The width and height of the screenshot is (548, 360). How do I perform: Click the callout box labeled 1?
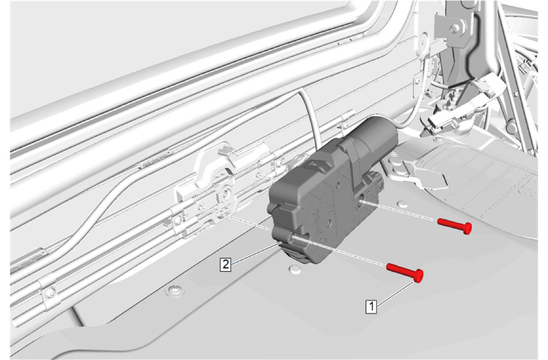pyautogui.click(x=371, y=306)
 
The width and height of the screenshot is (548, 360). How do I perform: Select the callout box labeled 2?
pyautogui.click(x=225, y=265)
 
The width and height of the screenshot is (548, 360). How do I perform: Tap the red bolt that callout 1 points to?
pyautogui.click(x=405, y=273)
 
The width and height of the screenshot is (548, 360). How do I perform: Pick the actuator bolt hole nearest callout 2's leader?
pyautogui.click(x=293, y=237)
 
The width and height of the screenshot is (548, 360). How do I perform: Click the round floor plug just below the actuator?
pyautogui.click(x=295, y=270)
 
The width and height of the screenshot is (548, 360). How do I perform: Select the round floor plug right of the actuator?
pyautogui.click(x=402, y=204)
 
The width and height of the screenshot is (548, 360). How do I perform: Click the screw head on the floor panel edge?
pyautogui.click(x=174, y=290)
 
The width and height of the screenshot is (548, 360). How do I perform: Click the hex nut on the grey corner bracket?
pyautogui.click(x=454, y=28)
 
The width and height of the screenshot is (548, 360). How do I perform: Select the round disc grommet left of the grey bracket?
pyautogui.click(x=423, y=42)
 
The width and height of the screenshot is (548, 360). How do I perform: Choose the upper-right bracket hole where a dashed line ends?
pyautogui.click(x=258, y=175)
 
